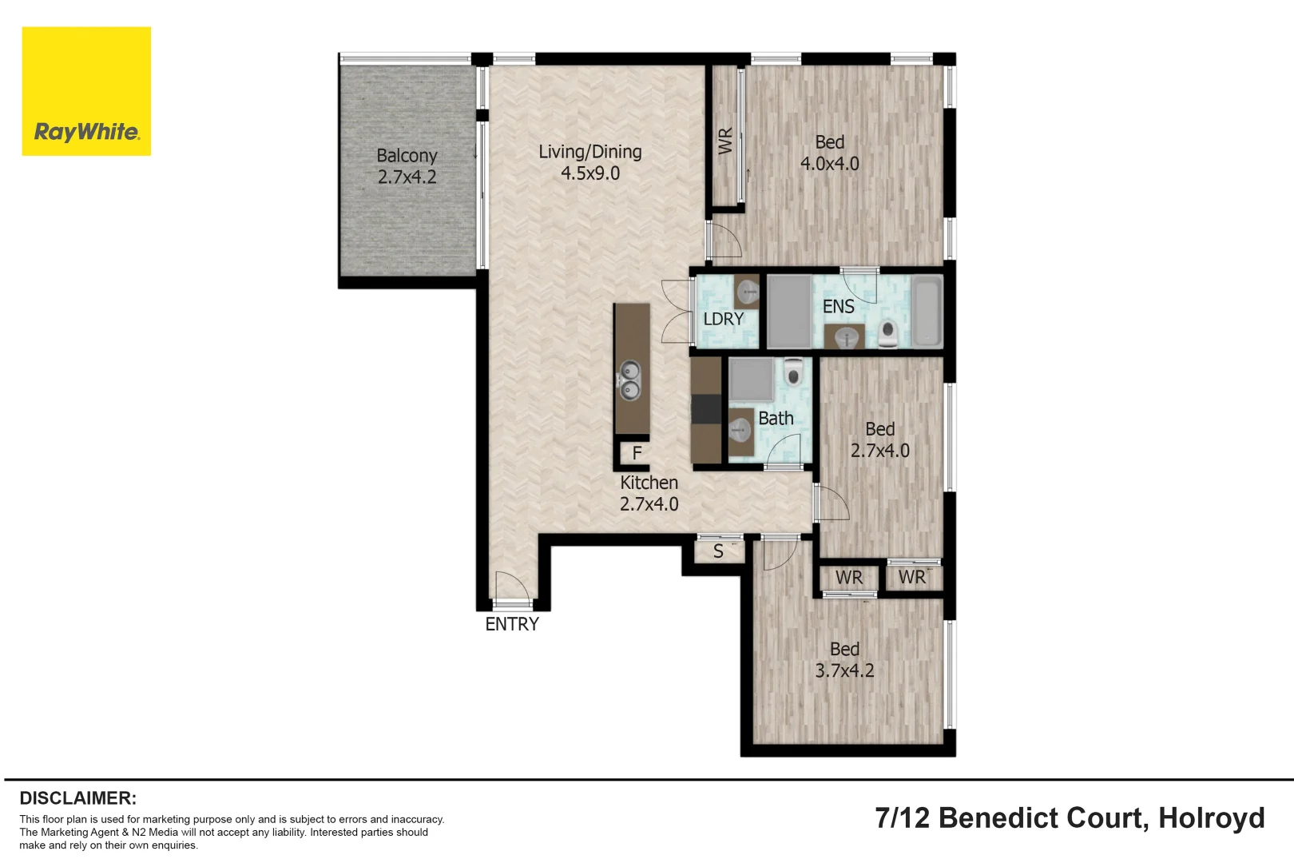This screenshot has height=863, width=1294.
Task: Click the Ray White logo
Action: pyautogui.click(x=86, y=91)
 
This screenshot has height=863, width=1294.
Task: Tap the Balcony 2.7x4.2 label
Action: pyautogui.click(x=407, y=166)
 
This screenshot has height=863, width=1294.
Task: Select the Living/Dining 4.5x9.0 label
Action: pyautogui.click(x=589, y=162)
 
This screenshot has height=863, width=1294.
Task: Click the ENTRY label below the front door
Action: pyautogui.click(x=512, y=624)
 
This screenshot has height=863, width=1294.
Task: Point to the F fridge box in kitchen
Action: pyautogui.click(x=637, y=453)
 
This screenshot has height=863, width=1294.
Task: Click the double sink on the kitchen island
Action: pyautogui.click(x=630, y=380)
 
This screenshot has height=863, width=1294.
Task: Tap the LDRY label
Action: pyautogui.click(x=723, y=319)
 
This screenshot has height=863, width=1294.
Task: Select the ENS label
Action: pyautogui.click(x=838, y=307)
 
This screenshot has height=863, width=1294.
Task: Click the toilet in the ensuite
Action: pyautogui.click(x=887, y=333)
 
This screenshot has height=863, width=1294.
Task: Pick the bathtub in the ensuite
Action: pyautogui.click(x=927, y=312)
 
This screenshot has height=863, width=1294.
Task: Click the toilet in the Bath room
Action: pyautogui.click(x=792, y=372)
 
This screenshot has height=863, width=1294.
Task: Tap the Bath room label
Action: pyautogui.click(x=776, y=418)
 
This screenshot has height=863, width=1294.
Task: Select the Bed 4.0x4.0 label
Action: pyautogui.click(x=829, y=153)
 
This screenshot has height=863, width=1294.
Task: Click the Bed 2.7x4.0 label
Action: pyautogui.click(x=879, y=439)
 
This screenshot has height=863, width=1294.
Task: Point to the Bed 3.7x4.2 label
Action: pyautogui.click(x=844, y=660)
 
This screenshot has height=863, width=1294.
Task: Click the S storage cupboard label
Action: pyautogui.click(x=718, y=551)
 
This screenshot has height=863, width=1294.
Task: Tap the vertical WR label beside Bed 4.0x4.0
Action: pyautogui.click(x=724, y=141)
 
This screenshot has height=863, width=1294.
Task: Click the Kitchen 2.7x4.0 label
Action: pyautogui.click(x=649, y=493)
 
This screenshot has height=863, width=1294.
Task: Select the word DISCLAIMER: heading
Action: pyautogui.click(x=77, y=798)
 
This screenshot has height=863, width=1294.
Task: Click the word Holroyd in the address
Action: pyautogui.click(x=1211, y=818)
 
